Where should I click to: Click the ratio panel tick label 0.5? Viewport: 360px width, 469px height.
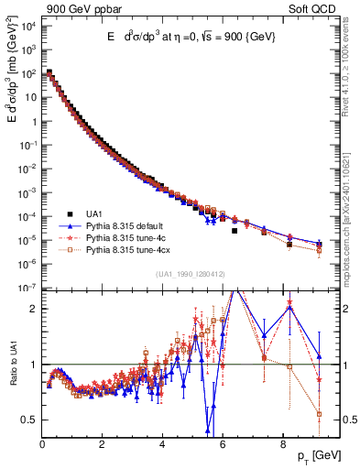point(28,420)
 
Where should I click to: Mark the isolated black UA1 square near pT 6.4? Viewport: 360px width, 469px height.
point(235,231)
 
